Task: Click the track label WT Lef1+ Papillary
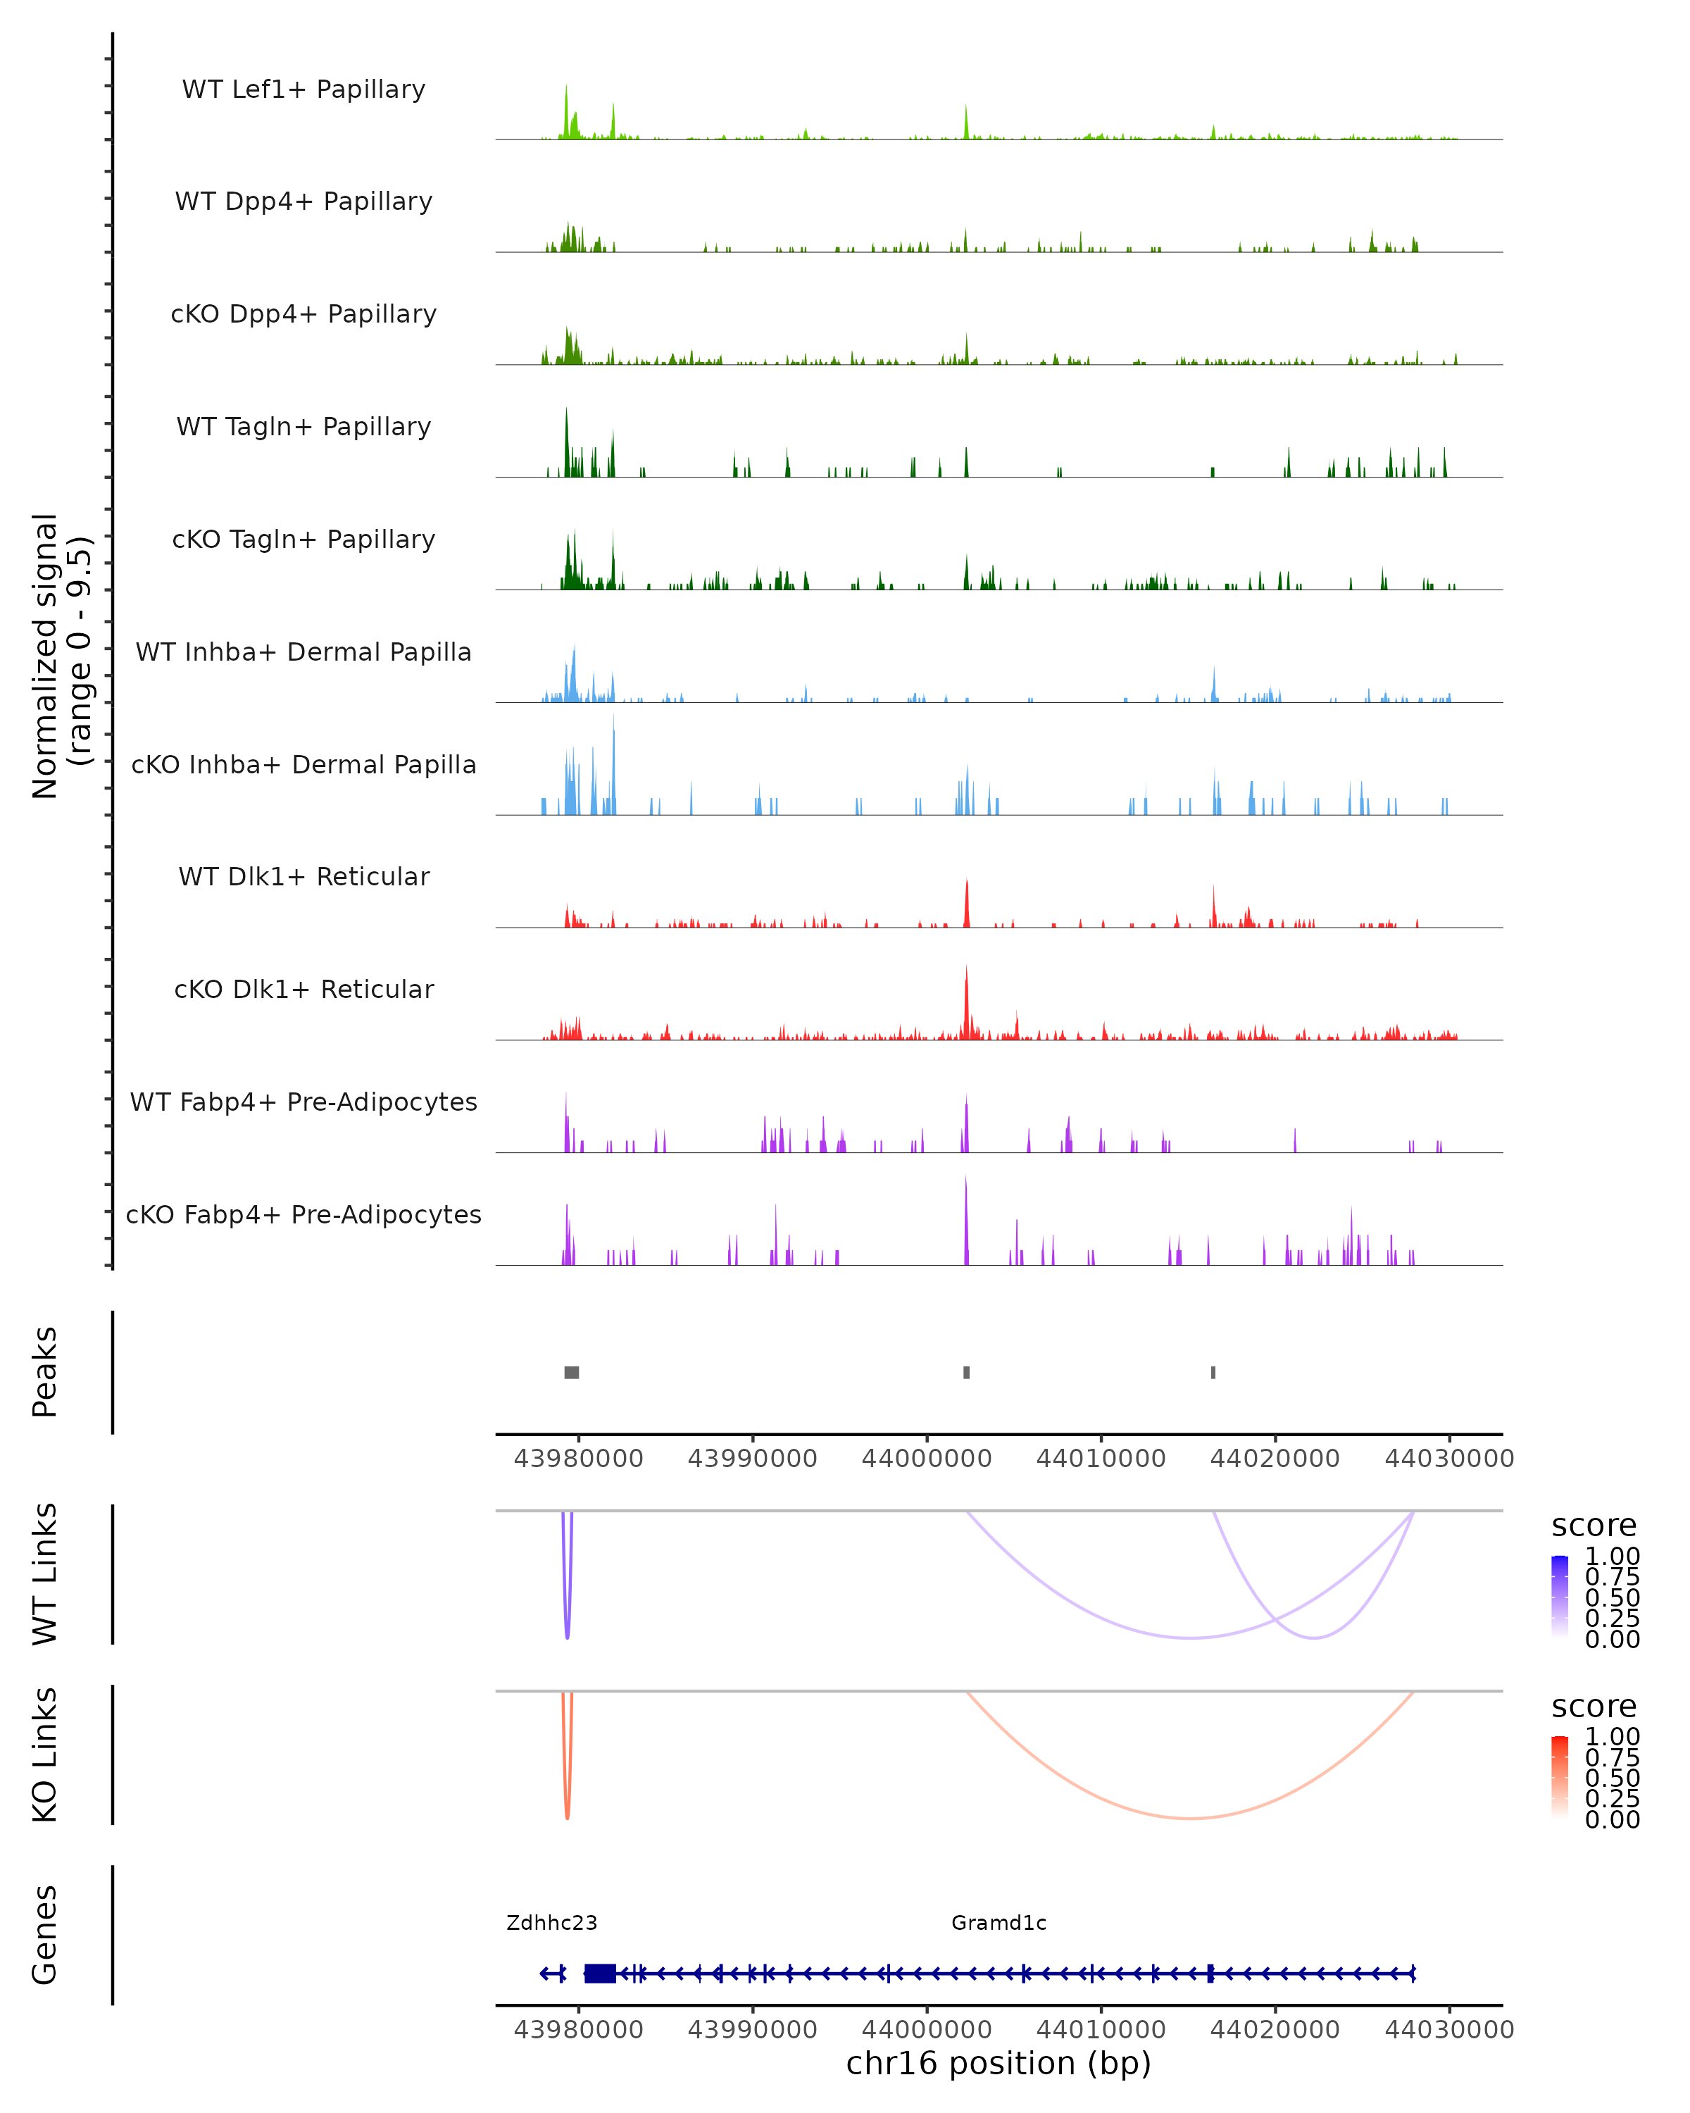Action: pos(303,89)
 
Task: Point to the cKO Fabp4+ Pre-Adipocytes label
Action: pos(303,1214)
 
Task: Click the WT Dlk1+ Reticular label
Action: pos(303,876)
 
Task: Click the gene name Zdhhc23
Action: pos(551,1923)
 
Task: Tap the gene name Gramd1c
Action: pos(999,1923)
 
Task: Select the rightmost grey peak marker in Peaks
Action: pos(1213,1372)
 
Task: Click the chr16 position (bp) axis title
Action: pos(999,2063)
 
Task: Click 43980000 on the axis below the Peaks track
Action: pos(578,1459)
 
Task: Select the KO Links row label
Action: pos(45,1754)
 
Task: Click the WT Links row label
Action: pos(45,1574)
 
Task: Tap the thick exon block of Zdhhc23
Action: pos(599,1974)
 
